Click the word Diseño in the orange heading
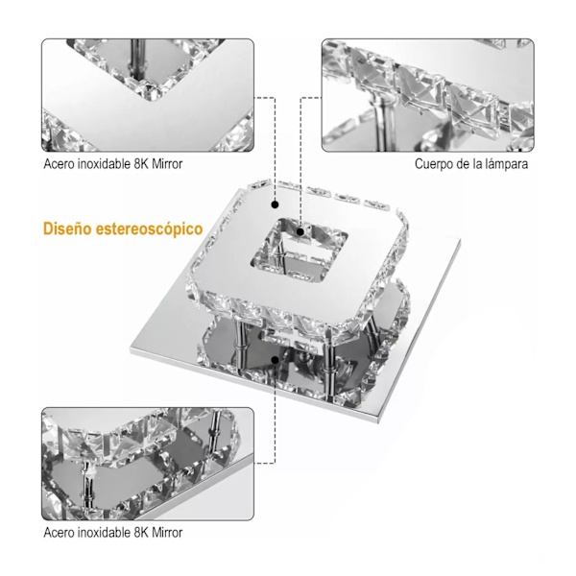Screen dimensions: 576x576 pos(67,228)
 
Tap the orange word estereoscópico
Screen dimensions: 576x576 pos(149,229)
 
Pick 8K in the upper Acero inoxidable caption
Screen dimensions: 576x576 pos(141,164)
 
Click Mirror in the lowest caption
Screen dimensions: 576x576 pos(167,532)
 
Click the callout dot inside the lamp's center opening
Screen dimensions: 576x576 pos(300,232)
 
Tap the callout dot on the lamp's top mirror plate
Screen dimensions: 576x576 pos(275,204)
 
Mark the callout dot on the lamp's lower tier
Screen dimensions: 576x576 pos(275,360)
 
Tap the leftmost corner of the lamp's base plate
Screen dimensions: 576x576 pos(131,349)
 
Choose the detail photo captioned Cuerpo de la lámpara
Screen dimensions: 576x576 pos(428,95)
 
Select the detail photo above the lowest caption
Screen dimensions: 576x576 pos(148,464)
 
